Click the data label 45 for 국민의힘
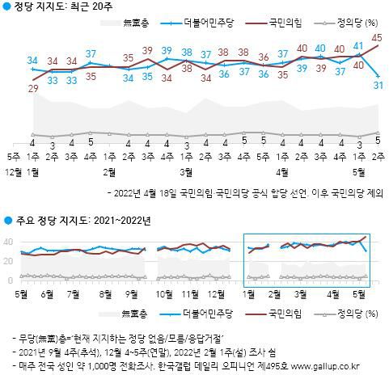377,37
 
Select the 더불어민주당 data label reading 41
358,48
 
